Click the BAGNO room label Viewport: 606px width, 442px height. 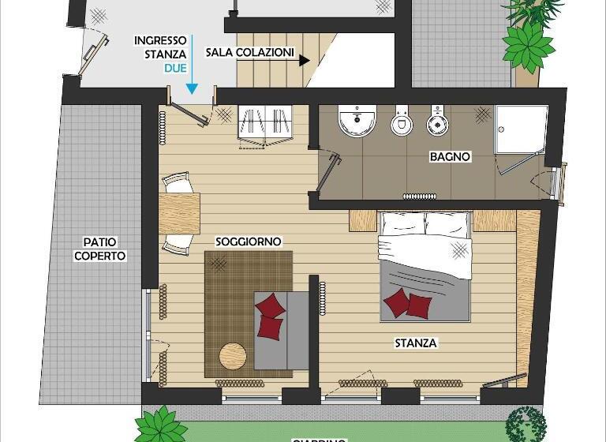pos(450,157)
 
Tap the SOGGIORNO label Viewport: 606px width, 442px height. pos(249,242)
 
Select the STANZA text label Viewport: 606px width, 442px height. pos(416,343)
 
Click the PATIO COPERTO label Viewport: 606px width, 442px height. pos(100,249)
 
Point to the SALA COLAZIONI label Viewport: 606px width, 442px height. pos(250,53)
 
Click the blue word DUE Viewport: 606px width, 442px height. pos(175,69)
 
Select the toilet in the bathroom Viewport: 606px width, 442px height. pos(402,122)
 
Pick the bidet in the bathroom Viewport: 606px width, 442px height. pos(437,122)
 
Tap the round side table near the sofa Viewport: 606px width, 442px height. pos(233,355)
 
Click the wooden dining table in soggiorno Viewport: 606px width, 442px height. pos(179,213)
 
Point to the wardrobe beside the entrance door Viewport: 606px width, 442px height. pos(264,125)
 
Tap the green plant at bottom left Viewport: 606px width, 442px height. pos(163,424)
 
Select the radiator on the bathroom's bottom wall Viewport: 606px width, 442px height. pos(420,196)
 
